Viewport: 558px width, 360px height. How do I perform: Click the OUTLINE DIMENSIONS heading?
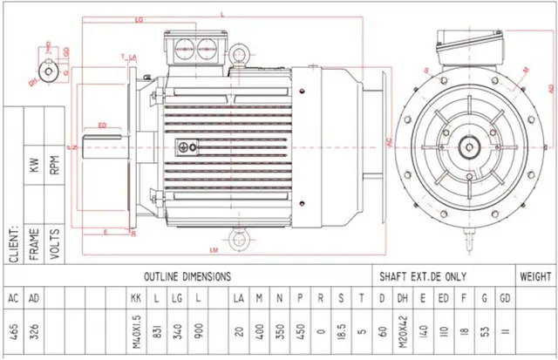[187, 275]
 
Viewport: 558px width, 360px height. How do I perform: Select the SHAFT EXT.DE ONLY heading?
[423, 275]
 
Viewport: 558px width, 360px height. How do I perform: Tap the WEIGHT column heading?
[534, 275]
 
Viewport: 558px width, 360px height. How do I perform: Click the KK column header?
[135, 298]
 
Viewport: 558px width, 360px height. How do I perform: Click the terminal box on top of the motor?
[197, 47]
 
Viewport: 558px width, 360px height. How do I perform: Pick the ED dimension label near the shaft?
[102, 126]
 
